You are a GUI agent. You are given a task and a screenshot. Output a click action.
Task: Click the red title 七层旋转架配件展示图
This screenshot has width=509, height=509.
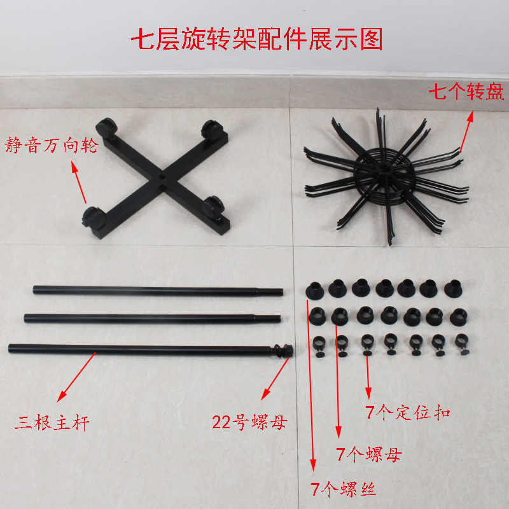257,39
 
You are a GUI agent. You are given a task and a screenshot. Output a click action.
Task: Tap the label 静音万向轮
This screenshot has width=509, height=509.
52,145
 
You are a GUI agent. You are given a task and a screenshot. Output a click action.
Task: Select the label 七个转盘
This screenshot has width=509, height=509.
466,91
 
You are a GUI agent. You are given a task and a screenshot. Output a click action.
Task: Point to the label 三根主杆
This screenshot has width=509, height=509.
52,422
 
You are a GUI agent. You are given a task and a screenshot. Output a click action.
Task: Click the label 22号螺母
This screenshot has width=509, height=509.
249,422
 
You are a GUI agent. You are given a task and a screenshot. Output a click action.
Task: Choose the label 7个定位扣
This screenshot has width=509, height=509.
408,412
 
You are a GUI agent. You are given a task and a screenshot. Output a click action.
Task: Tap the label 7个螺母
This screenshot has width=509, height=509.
369,454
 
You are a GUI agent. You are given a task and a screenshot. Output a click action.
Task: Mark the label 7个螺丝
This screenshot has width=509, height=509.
343,489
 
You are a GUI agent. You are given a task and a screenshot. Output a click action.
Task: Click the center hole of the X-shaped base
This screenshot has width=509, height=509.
162,178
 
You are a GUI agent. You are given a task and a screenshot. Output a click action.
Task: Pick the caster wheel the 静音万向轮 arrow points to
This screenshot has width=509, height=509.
94,217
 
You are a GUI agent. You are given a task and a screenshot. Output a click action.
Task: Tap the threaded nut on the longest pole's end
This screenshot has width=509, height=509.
283,351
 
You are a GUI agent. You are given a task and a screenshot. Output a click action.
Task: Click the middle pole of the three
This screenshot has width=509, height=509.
153,318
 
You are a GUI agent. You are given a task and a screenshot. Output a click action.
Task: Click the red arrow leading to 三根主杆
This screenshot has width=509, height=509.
76,377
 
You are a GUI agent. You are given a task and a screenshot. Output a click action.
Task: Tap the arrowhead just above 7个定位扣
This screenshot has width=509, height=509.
368,393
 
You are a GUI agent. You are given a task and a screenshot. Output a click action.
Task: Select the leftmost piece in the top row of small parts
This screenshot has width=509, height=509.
314,291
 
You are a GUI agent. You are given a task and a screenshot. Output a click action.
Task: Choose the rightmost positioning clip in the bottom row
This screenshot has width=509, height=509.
461,344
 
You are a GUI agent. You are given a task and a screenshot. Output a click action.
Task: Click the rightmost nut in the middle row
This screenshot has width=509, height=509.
458,317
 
